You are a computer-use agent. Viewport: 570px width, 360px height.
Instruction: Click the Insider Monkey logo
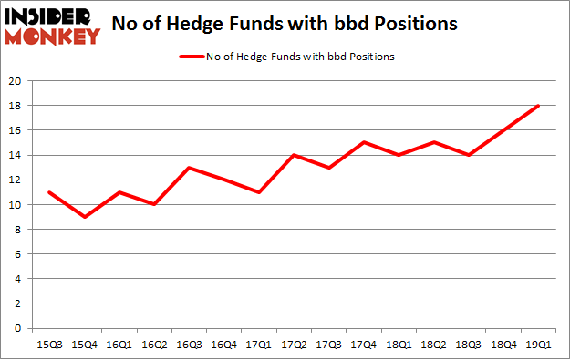click(51, 25)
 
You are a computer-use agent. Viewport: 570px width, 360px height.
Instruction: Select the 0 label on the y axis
click(19, 328)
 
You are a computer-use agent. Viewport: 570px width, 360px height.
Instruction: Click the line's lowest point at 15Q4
click(83, 217)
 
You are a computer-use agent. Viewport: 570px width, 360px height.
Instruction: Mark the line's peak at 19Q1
click(538, 106)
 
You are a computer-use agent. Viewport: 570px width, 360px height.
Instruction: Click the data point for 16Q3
click(188, 168)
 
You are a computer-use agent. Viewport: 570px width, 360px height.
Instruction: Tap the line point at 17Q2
click(293, 155)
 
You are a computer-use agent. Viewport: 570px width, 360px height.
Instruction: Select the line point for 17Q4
click(363, 143)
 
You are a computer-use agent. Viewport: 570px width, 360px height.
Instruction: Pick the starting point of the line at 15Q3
click(48, 192)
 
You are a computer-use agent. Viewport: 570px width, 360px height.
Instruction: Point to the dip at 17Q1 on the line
click(258, 192)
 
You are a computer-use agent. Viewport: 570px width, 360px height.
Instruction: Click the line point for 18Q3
click(468, 155)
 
